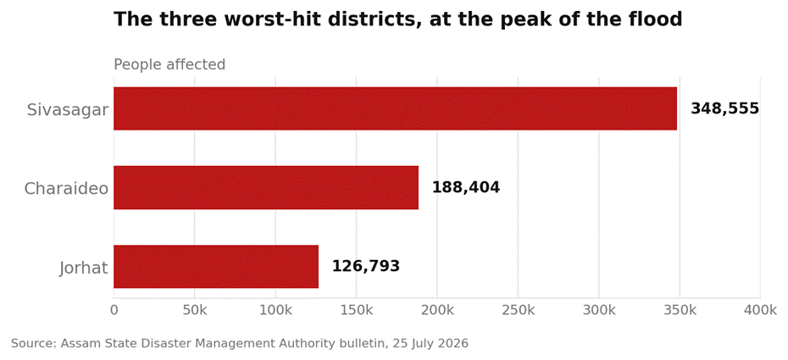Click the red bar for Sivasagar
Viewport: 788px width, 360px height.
395,108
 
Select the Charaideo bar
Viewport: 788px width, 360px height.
266,187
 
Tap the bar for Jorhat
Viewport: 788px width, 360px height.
216,267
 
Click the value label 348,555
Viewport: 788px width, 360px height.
724,108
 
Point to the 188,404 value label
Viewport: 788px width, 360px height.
466,187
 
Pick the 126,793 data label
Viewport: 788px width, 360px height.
366,266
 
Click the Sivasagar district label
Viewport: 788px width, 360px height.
67,110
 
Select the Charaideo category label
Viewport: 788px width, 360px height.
66,188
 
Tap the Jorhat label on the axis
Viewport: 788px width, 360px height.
83,268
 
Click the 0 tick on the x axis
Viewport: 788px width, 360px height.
114,310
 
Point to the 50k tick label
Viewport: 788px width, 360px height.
195,310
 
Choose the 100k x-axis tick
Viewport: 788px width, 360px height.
275,310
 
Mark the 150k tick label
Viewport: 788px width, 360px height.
357,310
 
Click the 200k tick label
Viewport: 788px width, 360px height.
437,310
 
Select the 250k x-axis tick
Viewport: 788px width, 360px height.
518,310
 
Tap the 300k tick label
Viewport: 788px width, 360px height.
599,310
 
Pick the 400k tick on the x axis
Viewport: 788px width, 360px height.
760,310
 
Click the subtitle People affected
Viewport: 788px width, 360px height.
169,64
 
